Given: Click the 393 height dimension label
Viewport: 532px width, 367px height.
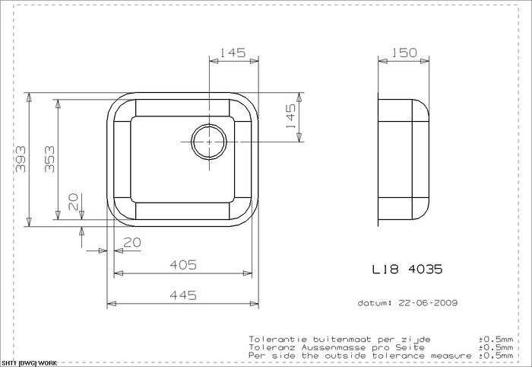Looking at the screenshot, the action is [21, 159].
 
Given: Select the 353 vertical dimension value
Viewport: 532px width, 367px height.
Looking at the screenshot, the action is [49, 159].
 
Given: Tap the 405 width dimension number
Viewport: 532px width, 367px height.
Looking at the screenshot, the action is [184, 265].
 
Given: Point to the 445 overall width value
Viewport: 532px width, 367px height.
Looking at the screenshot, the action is [184, 295].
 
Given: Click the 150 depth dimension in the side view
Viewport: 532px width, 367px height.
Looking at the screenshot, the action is [404, 53].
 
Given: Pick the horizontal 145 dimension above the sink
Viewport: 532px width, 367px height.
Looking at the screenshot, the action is [233, 53].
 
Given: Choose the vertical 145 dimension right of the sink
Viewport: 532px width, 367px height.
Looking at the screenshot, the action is [291, 116].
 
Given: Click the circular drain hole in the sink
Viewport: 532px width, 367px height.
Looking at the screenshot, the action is [209, 142].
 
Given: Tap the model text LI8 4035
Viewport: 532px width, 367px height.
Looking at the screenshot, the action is [407, 270].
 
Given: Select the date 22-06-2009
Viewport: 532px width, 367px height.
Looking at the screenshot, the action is [428, 302].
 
